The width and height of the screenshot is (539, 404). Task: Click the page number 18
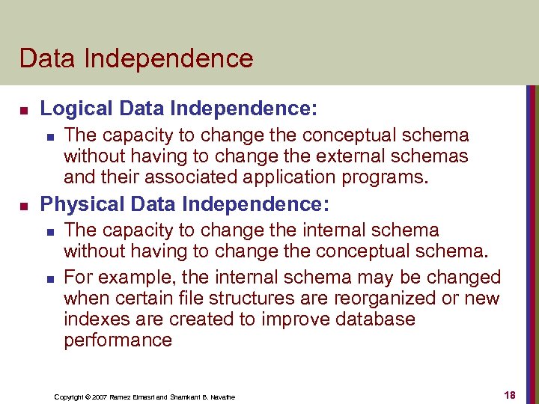509,395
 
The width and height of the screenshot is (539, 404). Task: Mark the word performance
118,340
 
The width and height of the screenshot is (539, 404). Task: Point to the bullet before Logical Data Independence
23,110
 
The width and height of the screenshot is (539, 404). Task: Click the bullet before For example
49,278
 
